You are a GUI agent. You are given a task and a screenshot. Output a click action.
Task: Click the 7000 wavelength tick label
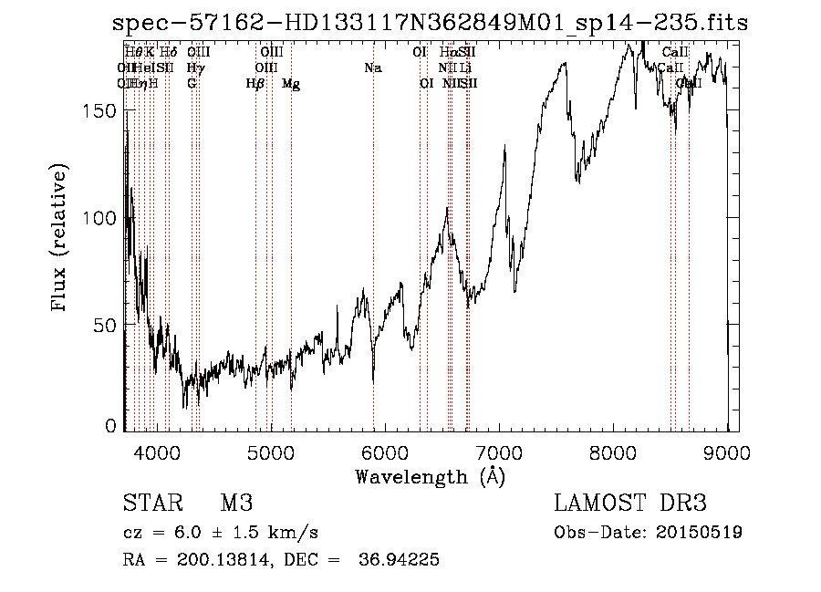499,451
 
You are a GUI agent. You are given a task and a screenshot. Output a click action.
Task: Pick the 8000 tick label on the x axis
614,451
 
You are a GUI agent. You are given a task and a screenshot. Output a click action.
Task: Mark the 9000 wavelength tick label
728,451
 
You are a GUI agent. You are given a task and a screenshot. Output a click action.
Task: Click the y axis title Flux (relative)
61,239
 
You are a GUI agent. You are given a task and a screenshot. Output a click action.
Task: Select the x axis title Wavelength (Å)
430,476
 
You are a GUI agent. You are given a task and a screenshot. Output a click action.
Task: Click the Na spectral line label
372,68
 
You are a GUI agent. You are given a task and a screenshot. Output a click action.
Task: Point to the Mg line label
291,84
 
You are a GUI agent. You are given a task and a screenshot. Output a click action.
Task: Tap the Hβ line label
255,84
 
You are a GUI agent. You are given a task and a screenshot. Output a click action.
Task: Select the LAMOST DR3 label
630,504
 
